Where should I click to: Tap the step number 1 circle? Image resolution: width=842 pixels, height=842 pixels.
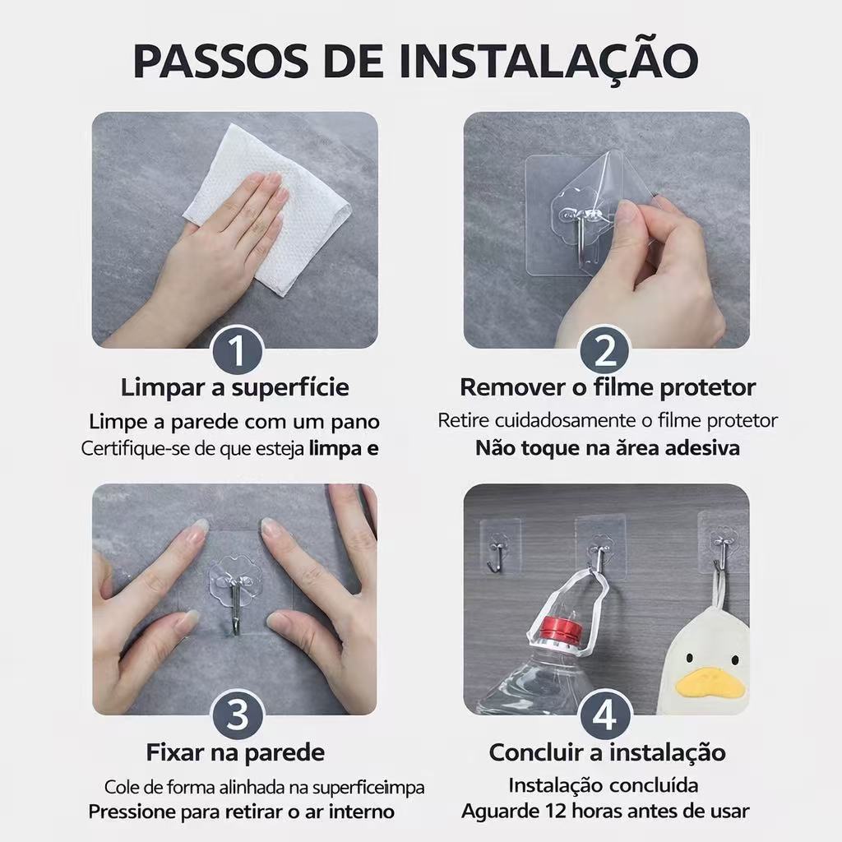click(238, 350)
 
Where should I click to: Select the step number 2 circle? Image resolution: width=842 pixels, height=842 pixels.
click(605, 350)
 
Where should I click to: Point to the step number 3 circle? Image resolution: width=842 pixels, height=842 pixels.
click(238, 715)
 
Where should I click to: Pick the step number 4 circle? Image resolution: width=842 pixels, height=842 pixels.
click(605, 715)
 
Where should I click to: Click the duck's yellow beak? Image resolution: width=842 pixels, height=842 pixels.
click(710, 683)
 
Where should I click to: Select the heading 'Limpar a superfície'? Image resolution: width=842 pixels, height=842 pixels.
click(234, 387)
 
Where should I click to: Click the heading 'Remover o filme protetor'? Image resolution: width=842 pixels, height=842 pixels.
click(608, 387)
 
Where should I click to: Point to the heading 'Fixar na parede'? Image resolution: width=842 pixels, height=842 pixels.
click(235, 752)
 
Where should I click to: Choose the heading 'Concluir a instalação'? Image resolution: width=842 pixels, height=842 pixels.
click(608, 752)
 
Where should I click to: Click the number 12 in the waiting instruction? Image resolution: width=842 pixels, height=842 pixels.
click(555, 811)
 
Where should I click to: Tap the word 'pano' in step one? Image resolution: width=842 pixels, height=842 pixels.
click(355, 423)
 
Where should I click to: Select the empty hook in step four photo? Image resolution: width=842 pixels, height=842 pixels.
click(497, 557)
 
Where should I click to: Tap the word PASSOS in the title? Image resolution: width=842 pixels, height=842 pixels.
click(220, 60)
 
